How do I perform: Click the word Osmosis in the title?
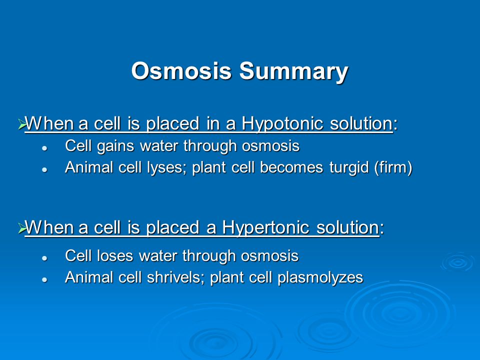coord(181,71)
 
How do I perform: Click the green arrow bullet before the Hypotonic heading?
coord(21,124)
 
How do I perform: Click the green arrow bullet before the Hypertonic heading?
coord(21,228)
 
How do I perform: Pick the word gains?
coord(115,146)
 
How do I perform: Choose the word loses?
coord(115,255)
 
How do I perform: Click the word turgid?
coord(349,168)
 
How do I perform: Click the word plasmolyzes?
coord(320,278)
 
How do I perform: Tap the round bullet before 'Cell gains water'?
coord(44,148)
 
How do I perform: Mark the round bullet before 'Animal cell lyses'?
coord(44,169)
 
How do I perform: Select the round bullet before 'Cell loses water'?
coord(44,258)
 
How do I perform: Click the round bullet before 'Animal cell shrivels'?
coord(44,279)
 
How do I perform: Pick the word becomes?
coord(291,167)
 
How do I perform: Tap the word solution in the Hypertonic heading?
coord(348,227)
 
